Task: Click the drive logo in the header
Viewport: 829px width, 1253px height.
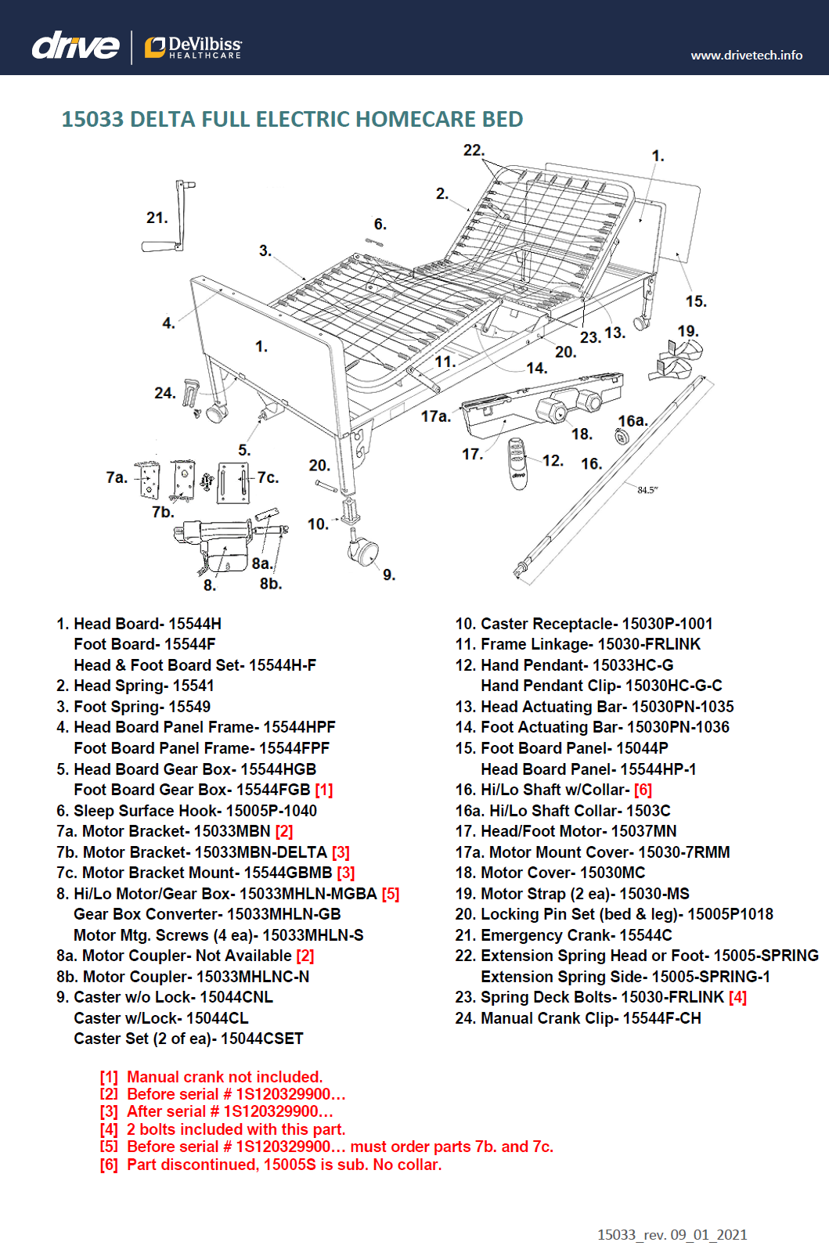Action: click(75, 46)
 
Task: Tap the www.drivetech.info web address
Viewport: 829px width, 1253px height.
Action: click(746, 56)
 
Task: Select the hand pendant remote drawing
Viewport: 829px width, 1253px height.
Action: click(518, 463)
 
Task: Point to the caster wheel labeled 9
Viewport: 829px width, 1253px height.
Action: click(363, 552)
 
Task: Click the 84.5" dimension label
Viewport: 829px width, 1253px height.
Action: click(647, 490)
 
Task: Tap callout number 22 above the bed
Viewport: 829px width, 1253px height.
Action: click(474, 150)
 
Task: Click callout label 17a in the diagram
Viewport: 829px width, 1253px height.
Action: click(435, 416)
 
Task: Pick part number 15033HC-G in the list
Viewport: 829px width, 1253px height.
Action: click(633, 665)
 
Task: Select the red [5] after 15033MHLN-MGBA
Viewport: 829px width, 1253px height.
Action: click(391, 894)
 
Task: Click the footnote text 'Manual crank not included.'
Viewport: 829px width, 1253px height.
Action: click(225, 1077)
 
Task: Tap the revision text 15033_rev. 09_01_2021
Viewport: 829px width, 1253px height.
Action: click(672, 1234)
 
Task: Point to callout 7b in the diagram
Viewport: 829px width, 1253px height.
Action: click(163, 512)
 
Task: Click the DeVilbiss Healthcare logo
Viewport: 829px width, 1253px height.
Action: click(193, 47)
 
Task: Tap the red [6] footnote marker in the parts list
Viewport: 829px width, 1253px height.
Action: click(643, 790)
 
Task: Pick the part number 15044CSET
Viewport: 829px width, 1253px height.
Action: click(261, 1039)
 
